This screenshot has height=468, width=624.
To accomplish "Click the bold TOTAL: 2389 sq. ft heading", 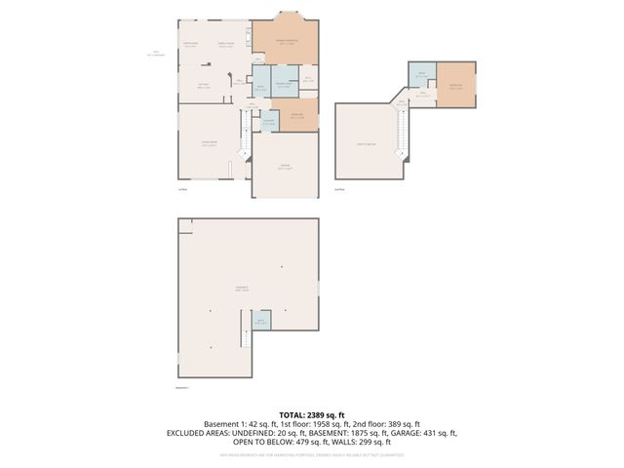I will click(311, 415).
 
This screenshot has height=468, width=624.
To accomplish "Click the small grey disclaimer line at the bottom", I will click(311, 453).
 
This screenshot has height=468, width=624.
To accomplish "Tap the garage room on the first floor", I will click(286, 166).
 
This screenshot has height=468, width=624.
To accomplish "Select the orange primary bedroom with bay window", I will click(286, 42).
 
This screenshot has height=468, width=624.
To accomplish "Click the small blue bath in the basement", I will click(259, 322).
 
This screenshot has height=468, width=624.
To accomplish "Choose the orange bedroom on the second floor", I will click(455, 86).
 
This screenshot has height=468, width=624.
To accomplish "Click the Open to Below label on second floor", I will click(367, 143).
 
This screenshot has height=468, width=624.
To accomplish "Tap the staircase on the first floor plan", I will click(245, 132).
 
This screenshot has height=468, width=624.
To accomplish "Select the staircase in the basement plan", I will click(246, 341).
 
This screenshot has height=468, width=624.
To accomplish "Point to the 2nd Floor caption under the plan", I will click(339, 189).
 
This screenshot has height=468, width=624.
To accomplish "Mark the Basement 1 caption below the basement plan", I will click(182, 388).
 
